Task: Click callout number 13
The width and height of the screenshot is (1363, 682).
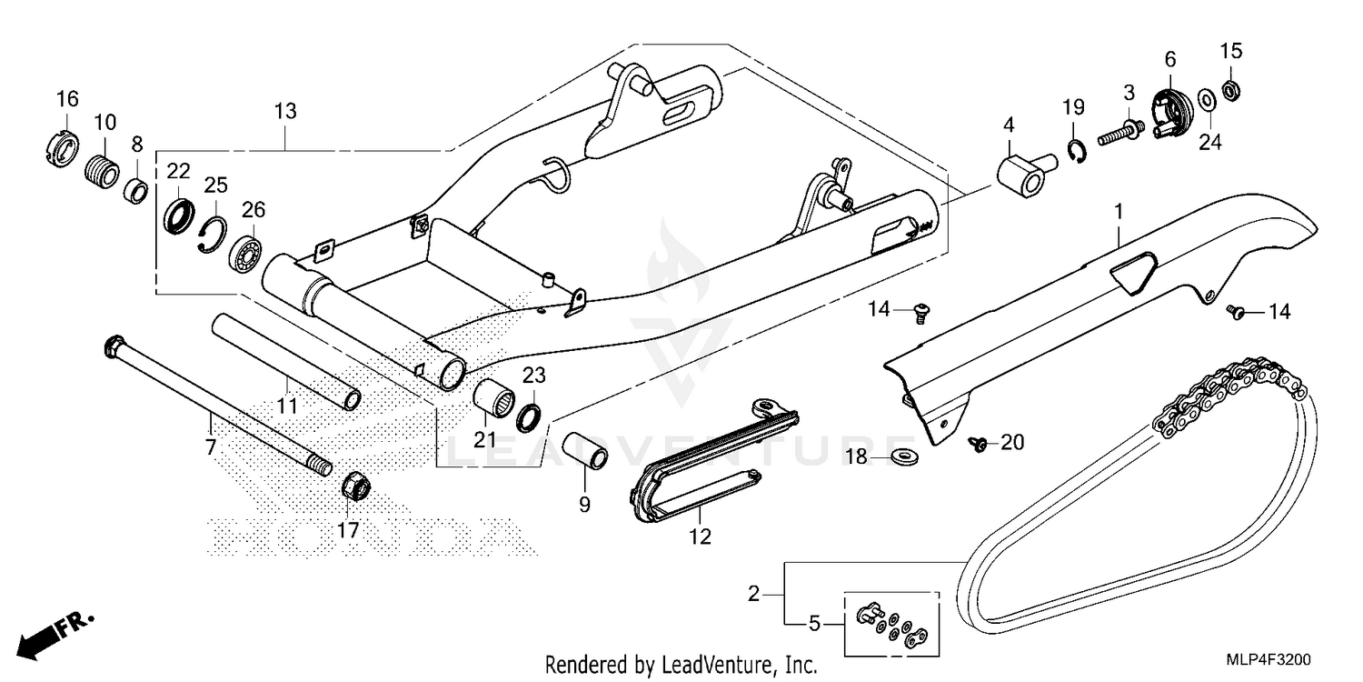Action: pyautogui.click(x=285, y=112)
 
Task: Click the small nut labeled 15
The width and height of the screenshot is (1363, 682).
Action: pyautogui.click(x=1231, y=89)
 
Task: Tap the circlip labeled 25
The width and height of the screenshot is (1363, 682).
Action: pyautogui.click(x=211, y=234)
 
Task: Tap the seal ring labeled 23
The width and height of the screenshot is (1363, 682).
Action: pyautogui.click(x=530, y=417)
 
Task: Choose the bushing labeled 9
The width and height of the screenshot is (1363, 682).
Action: pyautogui.click(x=584, y=449)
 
